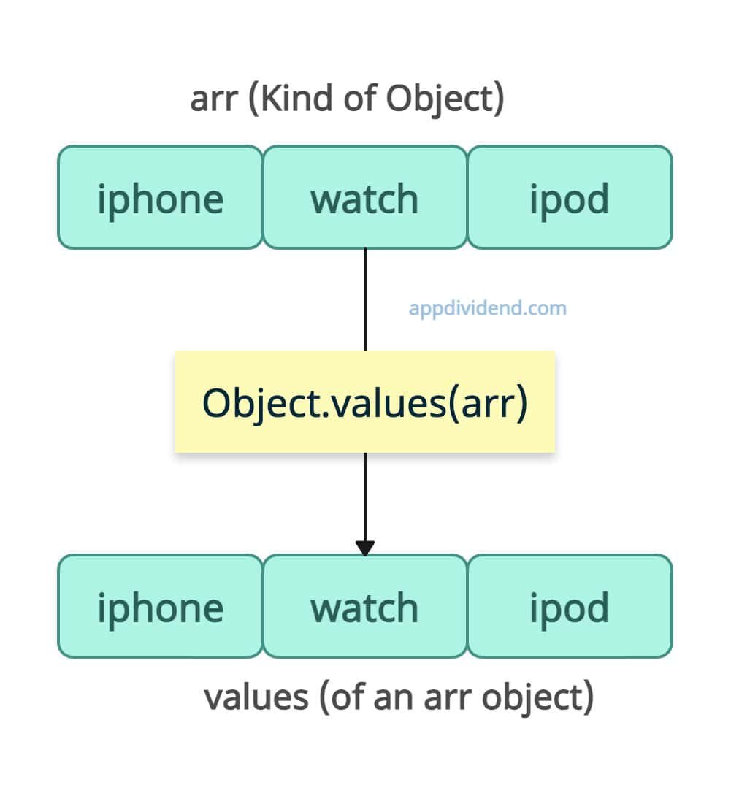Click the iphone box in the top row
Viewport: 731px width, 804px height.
click(160, 197)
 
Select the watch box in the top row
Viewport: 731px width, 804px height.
click(365, 197)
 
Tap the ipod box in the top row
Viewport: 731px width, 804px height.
click(570, 197)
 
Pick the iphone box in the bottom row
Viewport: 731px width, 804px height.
click(160, 606)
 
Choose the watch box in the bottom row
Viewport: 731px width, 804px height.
click(365, 606)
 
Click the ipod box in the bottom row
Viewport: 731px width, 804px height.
click(570, 606)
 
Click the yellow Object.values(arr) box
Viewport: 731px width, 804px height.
click(365, 402)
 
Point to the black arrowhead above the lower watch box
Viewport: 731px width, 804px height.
click(365, 548)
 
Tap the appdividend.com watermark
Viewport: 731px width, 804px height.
click(488, 309)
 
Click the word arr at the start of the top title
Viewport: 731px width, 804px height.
click(214, 101)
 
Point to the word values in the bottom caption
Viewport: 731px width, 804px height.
click(256, 697)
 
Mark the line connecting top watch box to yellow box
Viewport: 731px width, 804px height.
click(365, 299)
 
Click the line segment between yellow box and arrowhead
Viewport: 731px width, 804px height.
click(365, 497)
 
